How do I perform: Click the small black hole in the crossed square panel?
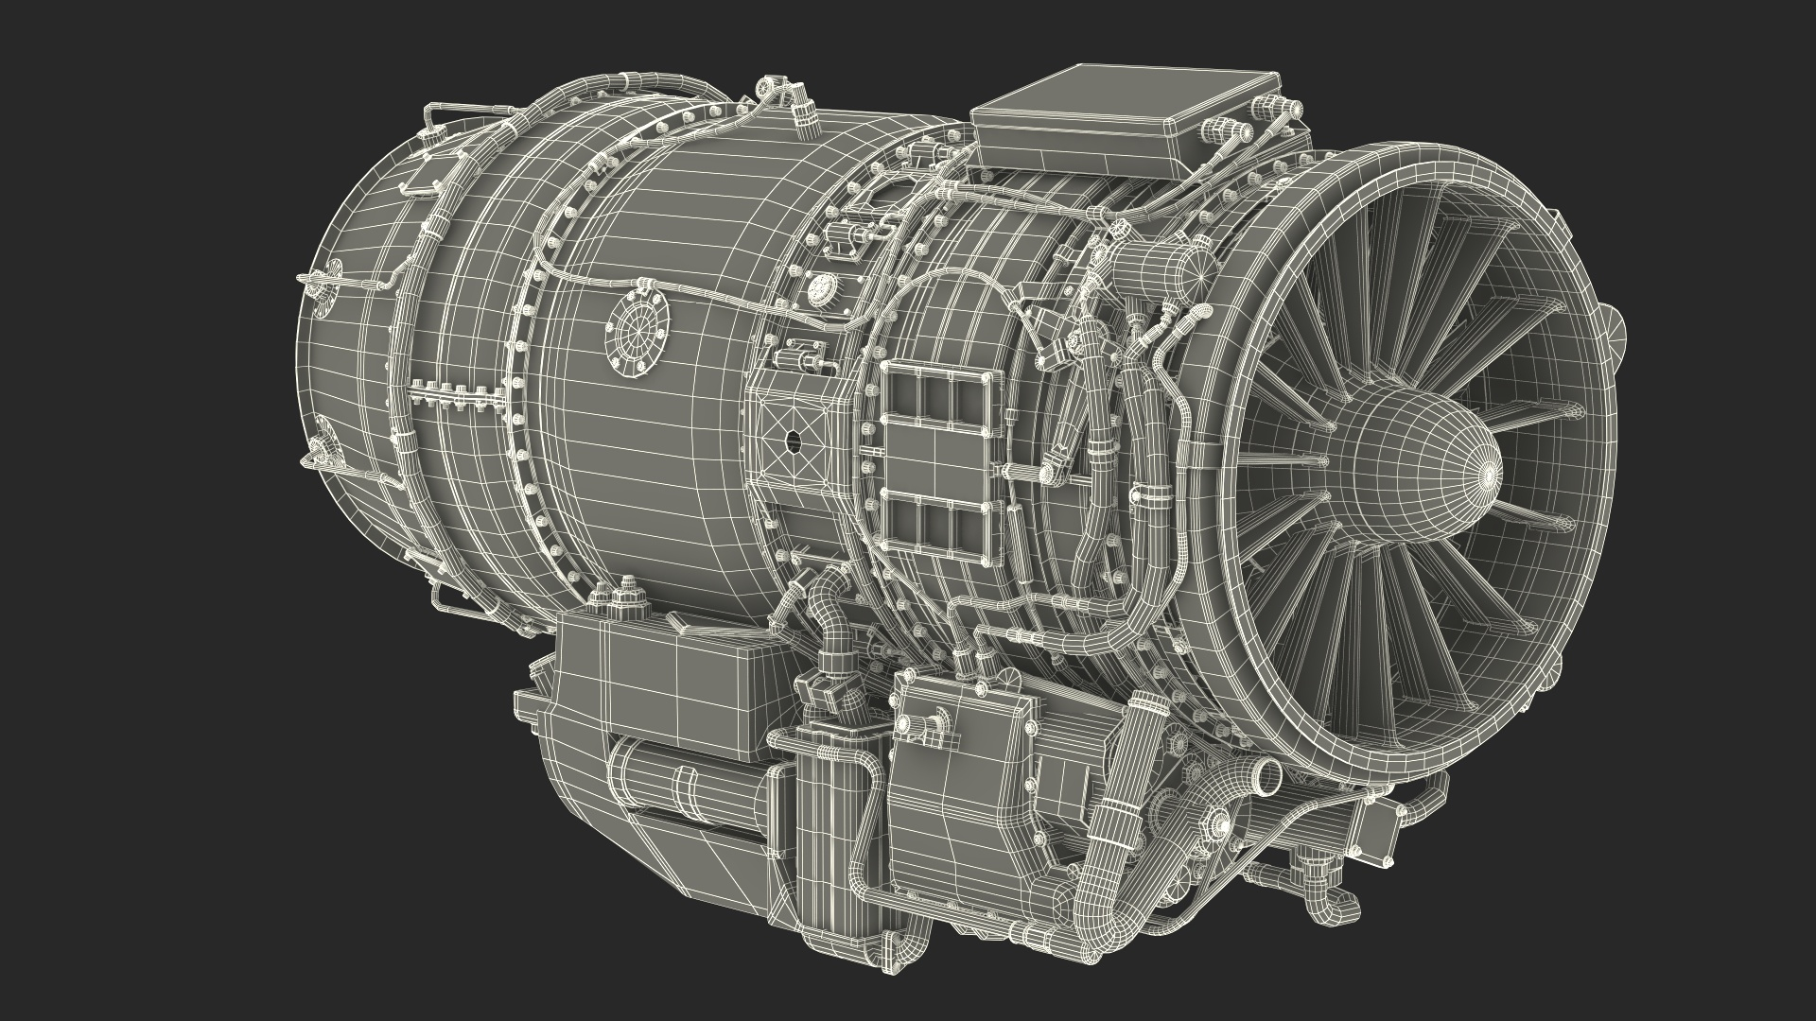[x=793, y=440]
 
